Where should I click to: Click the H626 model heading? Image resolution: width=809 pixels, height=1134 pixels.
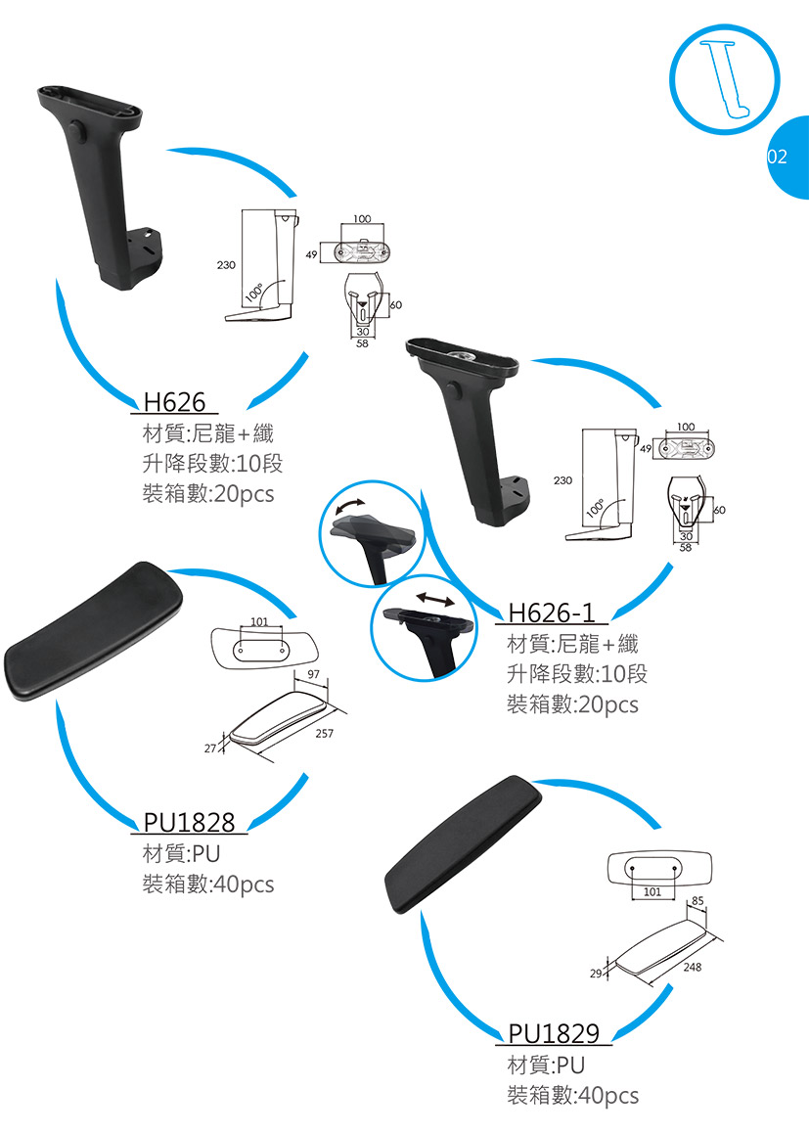tap(174, 401)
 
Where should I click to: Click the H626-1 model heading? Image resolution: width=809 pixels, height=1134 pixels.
tap(552, 612)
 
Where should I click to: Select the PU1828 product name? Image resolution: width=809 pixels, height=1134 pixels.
tap(189, 823)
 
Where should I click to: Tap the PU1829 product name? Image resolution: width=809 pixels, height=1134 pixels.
tap(554, 1032)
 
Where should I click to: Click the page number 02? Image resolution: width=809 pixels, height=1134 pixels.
tap(777, 157)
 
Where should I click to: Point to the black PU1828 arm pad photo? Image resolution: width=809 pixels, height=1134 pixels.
tap(94, 631)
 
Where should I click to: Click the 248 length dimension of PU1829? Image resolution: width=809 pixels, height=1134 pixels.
tap(694, 967)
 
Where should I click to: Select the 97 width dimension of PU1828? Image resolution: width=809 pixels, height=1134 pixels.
tap(313, 675)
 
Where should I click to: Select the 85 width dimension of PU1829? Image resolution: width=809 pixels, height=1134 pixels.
tap(697, 899)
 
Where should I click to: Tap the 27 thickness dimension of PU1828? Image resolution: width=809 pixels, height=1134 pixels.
tap(210, 748)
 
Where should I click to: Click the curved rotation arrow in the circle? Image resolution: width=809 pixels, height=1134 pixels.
tap(350, 506)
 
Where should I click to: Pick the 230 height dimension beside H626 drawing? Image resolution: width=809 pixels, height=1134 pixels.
tap(226, 265)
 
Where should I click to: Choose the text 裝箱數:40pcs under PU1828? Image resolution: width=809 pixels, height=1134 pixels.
tap(208, 885)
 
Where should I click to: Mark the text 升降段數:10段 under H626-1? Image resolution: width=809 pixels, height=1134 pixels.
tap(576, 674)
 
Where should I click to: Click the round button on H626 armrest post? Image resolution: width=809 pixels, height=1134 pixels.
tap(76, 129)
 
